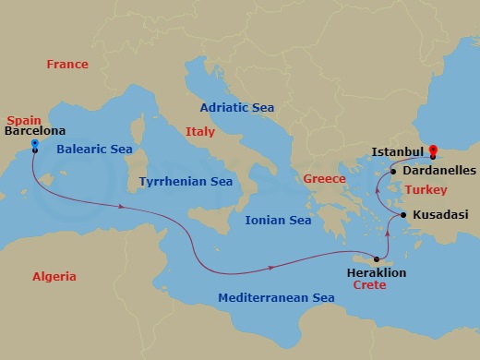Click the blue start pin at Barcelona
pyautogui.click(x=34, y=144)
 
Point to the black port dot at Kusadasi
pyautogui.click(x=403, y=215)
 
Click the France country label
pyautogui.click(x=67, y=65)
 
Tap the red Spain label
pyautogui.click(x=24, y=120)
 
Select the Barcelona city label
pyautogui.click(x=35, y=132)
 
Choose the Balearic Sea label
pyautogui.click(x=94, y=149)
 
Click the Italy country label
pyautogui.click(x=199, y=132)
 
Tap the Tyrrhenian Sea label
pyautogui.click(x=186, y=182)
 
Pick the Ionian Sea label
pyautogui.click(x=278, y=221)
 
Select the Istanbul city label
pyautogui.click(x=397, y=151)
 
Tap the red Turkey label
pyautogui.click(x=428, y=189)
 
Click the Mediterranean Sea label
pyautogui.click(x=276, y=298)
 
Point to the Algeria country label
pyautogui.click(x=54, y=277)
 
